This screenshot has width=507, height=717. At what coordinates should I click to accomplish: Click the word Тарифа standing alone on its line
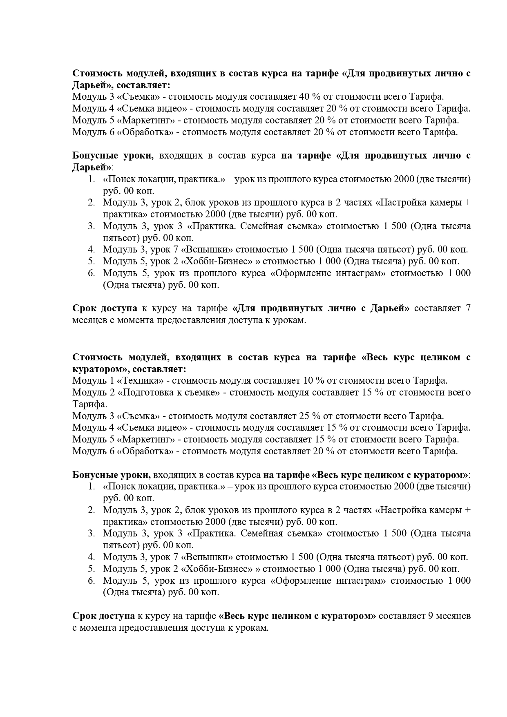point(90,404)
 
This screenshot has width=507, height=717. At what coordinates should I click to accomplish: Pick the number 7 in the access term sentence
point(468,308)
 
